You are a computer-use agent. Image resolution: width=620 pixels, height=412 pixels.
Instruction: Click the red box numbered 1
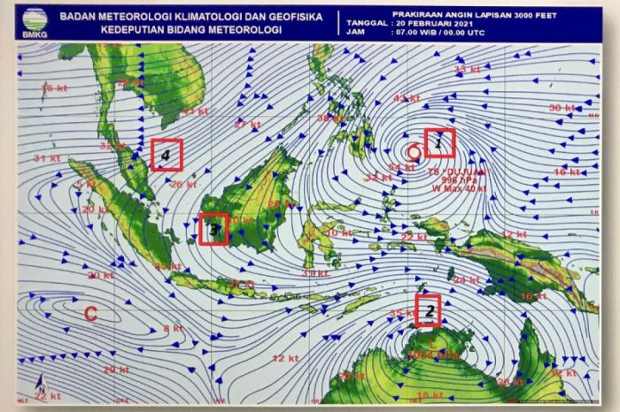point(439,142)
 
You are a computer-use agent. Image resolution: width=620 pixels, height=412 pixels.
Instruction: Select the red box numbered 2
point(429,310)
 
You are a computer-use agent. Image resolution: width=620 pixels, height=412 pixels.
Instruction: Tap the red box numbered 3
point(213,229)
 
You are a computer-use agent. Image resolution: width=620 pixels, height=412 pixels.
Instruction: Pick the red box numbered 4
point(166,155)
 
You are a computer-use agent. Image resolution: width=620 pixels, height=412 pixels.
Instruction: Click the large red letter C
point(89,312)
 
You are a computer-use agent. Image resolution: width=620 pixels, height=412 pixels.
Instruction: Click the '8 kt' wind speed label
point(174,328)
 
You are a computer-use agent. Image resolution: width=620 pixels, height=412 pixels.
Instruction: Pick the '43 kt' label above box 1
point(407,98)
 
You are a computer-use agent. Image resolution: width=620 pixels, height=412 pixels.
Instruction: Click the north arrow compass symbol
point(41,386)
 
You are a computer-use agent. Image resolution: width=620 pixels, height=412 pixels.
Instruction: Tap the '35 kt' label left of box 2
point(401,313)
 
